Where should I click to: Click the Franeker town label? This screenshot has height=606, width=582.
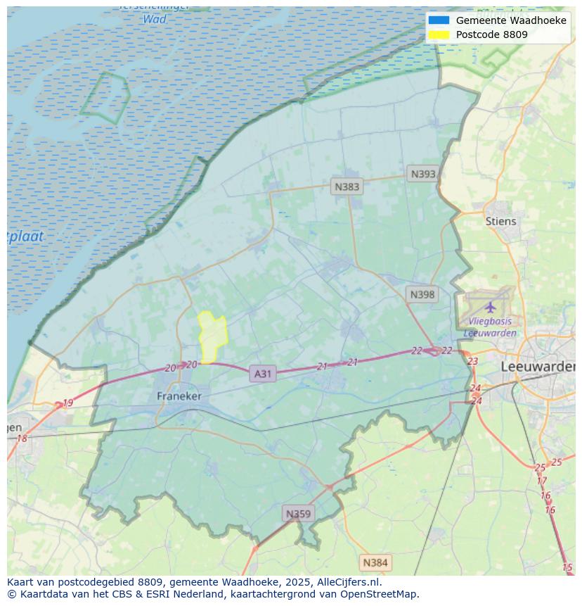tap(179, 396)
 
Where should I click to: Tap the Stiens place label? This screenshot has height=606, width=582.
tap(500, 221)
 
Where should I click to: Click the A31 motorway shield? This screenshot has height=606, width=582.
tap(262, 374)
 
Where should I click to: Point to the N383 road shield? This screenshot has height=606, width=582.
tap(347, 187)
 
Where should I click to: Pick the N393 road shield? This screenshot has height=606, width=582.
tap(423, 174)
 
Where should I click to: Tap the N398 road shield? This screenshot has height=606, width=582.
tap(422, 294)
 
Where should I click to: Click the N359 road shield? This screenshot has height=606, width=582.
tap(297, 514)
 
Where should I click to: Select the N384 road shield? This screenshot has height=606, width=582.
tap(375, 562)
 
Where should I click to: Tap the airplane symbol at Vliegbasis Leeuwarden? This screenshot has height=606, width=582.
tap(490, 308)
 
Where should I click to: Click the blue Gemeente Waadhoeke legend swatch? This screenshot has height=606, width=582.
tap(439, 20)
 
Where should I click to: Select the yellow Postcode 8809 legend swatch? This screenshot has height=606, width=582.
tap(439, 34)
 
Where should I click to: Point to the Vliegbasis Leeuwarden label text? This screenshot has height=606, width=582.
tap(492, 327)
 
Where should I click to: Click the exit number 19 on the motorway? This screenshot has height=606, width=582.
tap(67, 403)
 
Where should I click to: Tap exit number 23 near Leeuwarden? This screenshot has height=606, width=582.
tap(472, 361)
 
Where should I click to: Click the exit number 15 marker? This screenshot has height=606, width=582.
tap(567, 567)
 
